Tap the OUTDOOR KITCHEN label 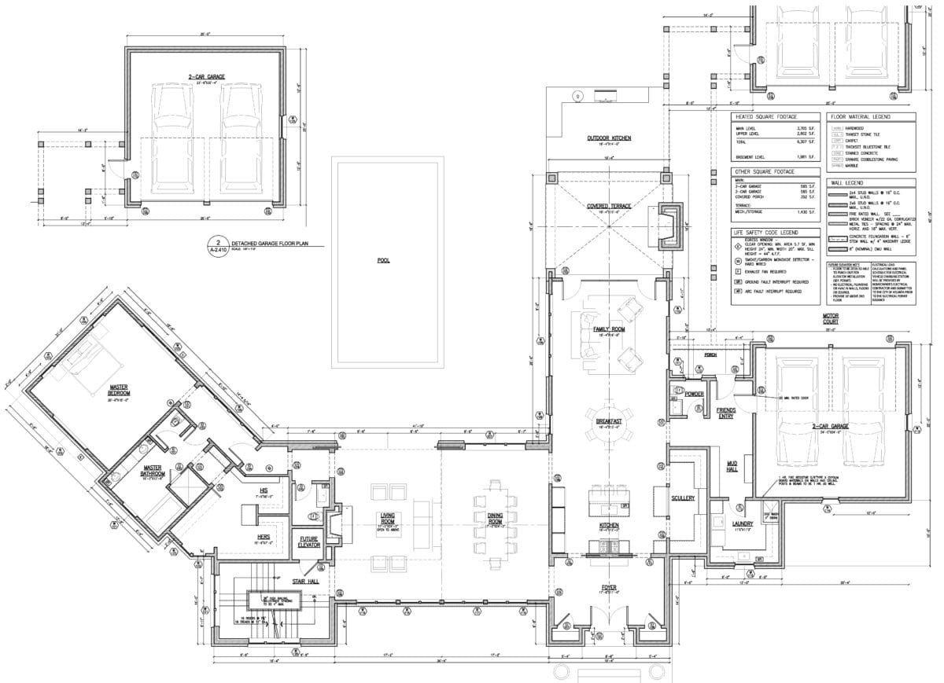click(x=608, y=138)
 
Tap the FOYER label click(x=609, y=587)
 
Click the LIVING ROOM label click(x=386, y=517)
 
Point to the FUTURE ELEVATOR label click(x=307, y=542)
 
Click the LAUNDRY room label click(x=743, y=523)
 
